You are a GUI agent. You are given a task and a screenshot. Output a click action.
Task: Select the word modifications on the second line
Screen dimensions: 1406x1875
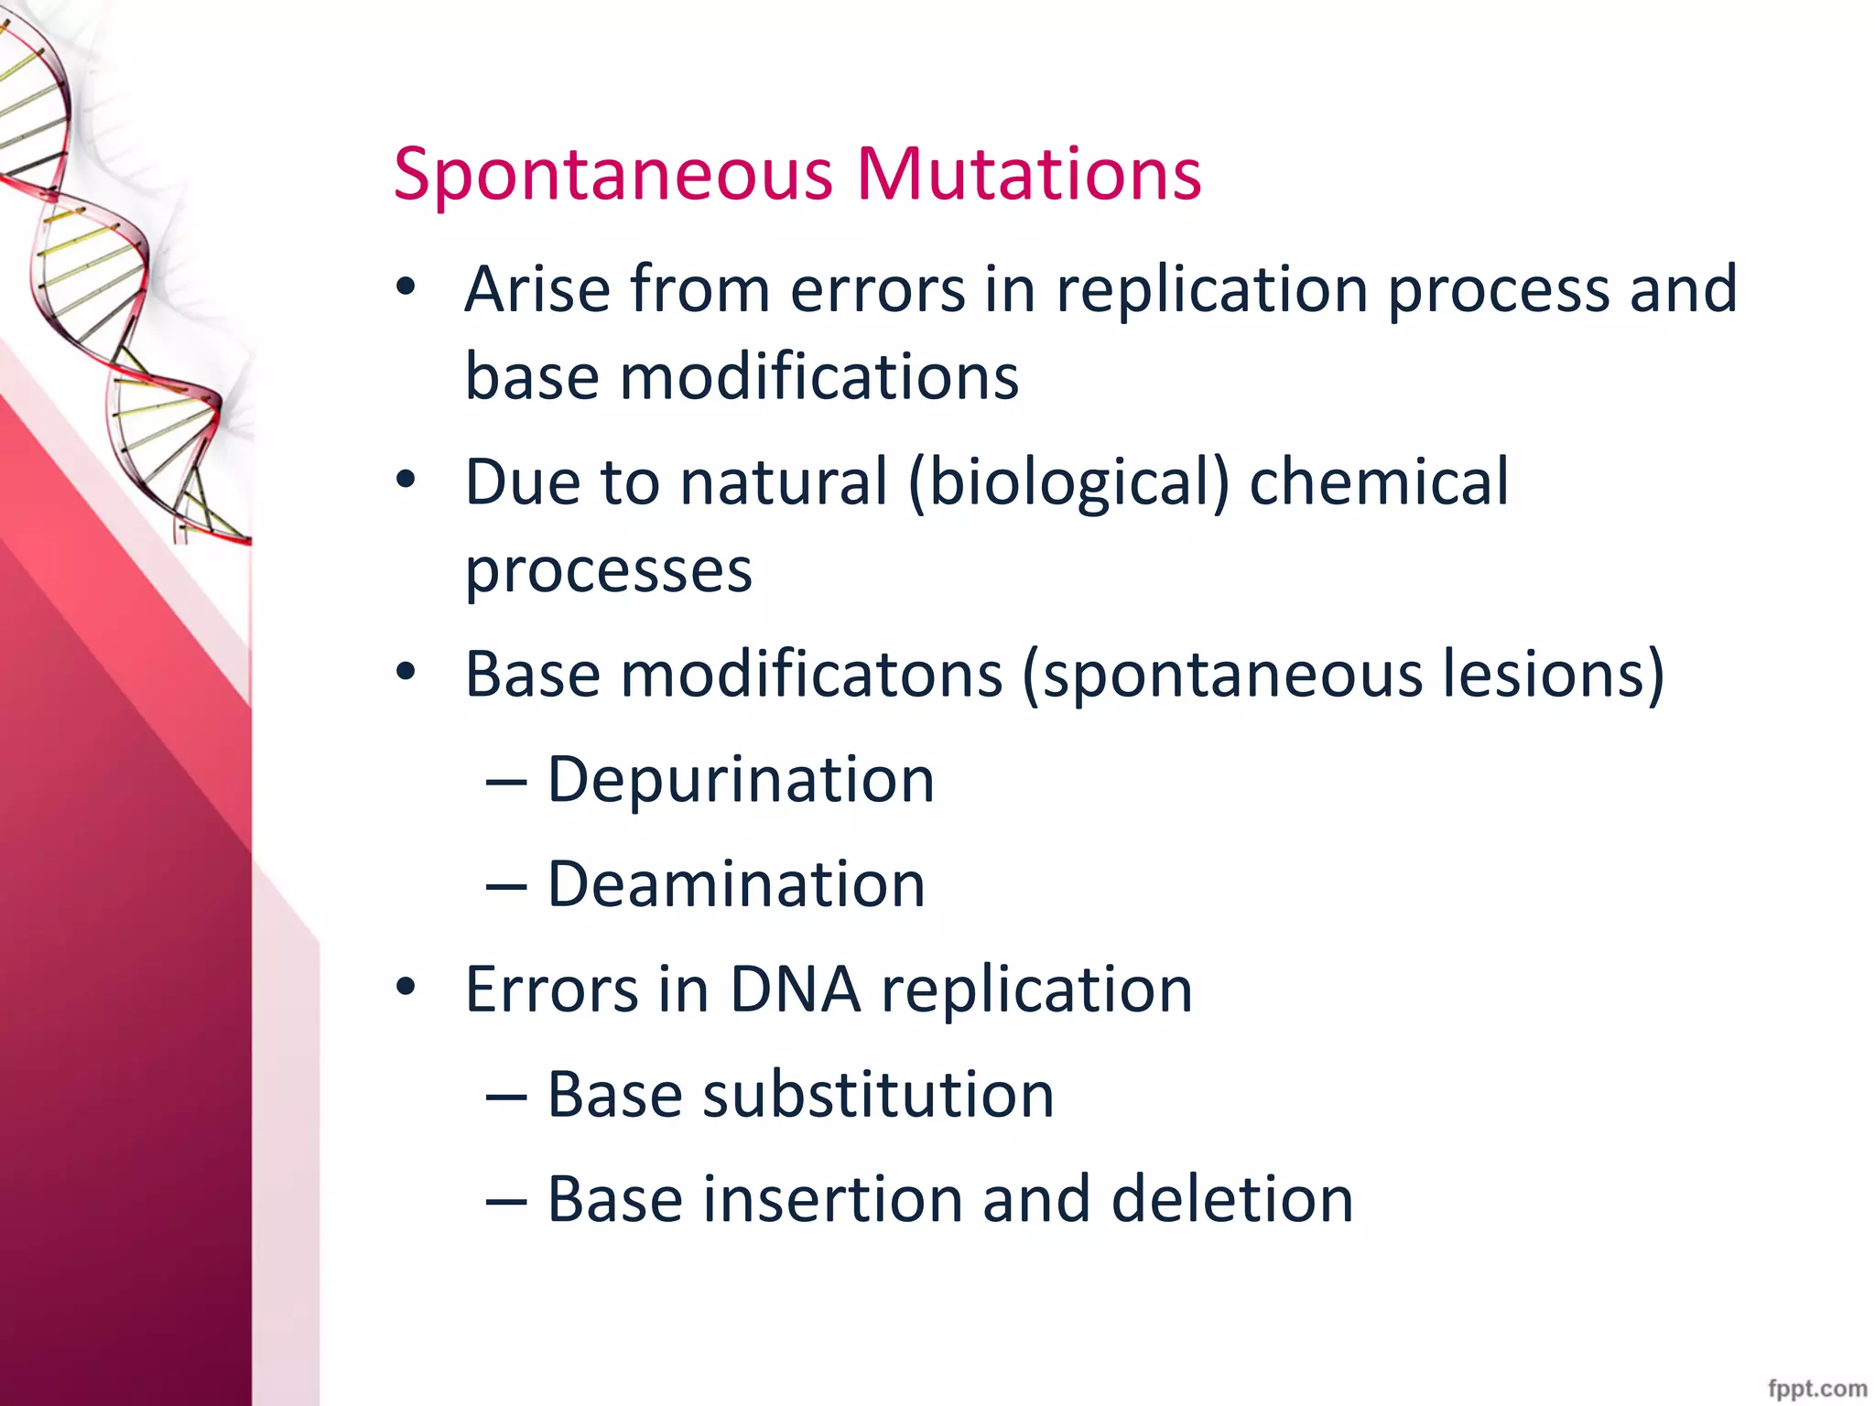pos(818,377)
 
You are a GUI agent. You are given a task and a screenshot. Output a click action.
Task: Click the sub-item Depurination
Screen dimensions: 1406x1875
pos(740,780)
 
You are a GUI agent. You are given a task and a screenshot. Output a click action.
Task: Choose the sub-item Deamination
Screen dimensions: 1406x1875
pos(735,884)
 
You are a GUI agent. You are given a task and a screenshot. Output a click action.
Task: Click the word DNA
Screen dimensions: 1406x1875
pos(795,990)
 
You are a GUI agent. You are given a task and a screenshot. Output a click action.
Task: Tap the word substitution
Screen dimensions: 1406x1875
pos(877,1095)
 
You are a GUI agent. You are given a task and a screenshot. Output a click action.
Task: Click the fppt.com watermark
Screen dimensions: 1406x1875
pos(1816,1388)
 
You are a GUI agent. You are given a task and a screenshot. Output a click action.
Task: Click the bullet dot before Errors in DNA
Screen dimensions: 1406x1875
pos(406,988)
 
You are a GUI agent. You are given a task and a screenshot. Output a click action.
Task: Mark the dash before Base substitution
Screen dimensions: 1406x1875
pos(506,1097)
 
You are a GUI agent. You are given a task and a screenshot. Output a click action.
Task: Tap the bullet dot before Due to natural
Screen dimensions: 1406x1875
pos(406,479)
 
